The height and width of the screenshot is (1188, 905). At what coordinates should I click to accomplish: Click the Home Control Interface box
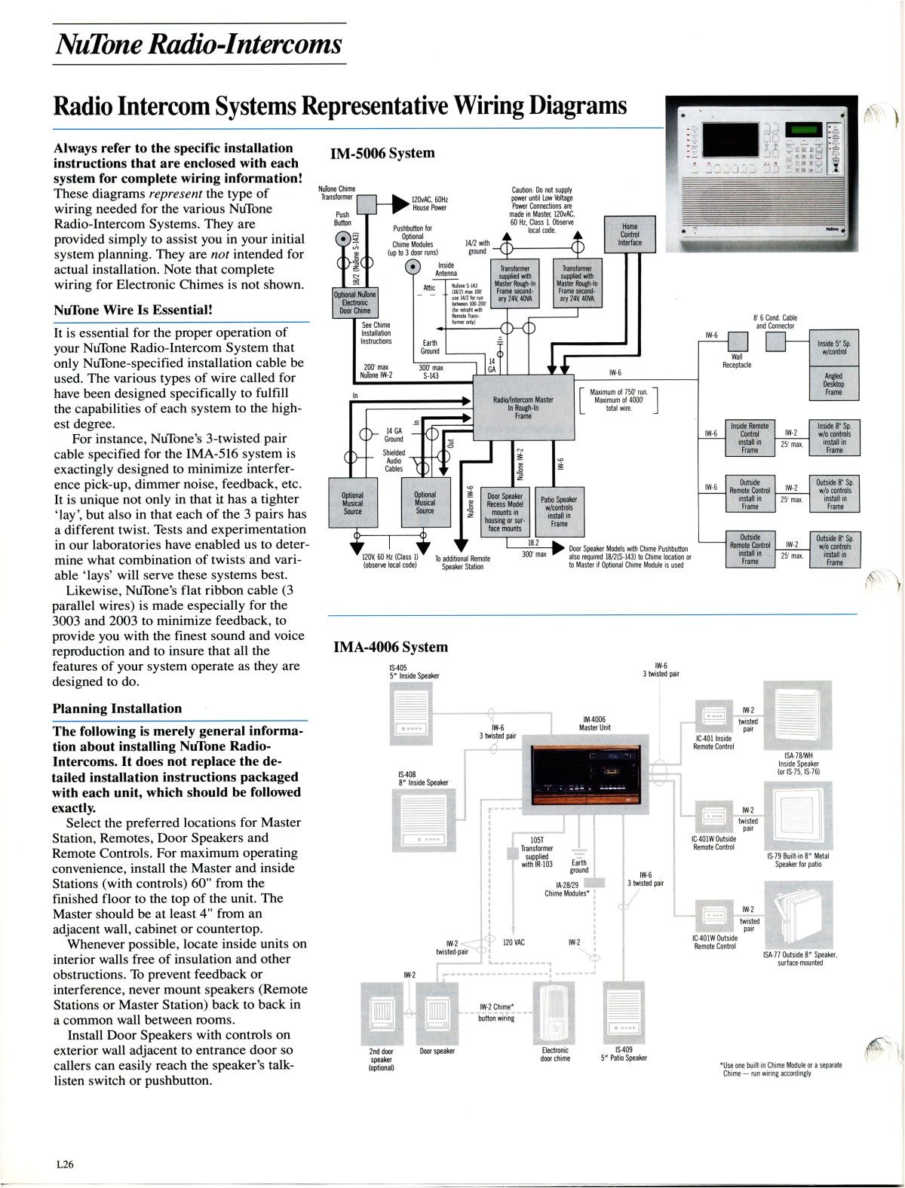click(630, 234)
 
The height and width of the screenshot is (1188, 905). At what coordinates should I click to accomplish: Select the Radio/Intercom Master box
click(523, 408)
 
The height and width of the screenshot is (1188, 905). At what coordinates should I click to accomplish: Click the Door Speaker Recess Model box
click(505, 512)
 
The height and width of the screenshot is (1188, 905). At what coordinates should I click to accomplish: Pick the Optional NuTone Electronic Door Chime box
click(355, 302)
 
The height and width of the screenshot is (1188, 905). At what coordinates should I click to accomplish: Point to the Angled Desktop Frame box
click(833, 384)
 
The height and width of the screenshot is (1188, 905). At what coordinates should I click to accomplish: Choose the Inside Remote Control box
click(750, 438)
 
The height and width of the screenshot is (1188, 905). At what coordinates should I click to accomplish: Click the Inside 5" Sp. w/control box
click(833, 348)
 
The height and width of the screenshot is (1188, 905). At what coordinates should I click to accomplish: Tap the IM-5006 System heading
click(382, 153)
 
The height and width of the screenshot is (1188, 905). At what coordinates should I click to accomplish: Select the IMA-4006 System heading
click(390, 647)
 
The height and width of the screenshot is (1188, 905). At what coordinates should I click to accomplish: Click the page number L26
click(65, 1164)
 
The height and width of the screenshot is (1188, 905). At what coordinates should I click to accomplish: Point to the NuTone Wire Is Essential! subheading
click(133, 310)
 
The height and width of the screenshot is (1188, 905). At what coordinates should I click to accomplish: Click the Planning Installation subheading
click(117, 709)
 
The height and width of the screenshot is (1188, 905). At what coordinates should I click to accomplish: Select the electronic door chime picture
click(555, 1011)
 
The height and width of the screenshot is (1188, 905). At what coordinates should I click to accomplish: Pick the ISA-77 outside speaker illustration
click(798, 916)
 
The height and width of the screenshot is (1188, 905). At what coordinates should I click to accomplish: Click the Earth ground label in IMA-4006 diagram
click(579, 866)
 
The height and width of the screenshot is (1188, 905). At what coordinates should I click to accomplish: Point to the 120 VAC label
click(514, 942)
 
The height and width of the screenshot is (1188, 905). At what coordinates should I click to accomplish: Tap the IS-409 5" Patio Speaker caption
click(624, 1053)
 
